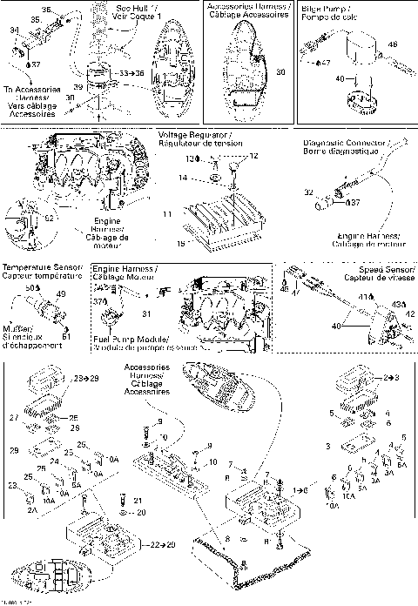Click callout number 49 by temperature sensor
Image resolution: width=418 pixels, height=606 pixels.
coord(60,294)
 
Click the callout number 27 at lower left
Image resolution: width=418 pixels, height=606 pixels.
coord(13,418)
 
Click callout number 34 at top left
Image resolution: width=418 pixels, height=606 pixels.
coord(13,30)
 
